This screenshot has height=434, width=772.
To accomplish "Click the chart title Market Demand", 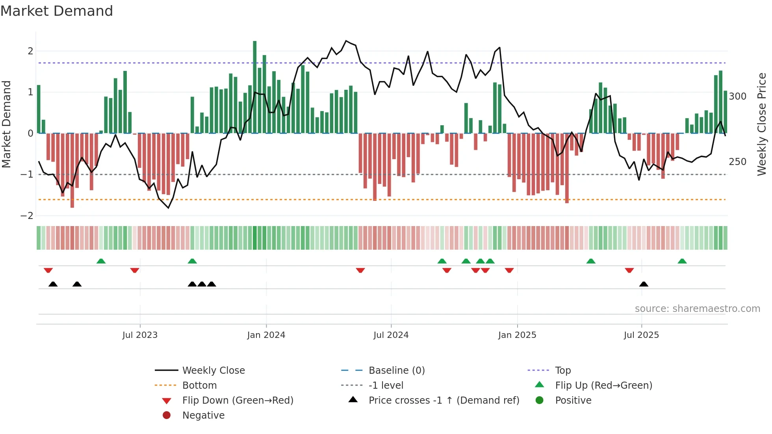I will [57, 11].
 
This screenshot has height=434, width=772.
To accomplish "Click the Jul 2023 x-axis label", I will [140, 335].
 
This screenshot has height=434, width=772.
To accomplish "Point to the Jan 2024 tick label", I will [266, 335].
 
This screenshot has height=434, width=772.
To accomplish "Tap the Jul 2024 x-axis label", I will [391, 335].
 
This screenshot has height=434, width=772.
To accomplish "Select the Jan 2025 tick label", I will [517, 335].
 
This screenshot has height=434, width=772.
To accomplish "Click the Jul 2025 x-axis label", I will [641, 335].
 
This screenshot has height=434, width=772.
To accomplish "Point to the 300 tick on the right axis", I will [737, 96].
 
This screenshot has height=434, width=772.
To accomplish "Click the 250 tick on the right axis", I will [737, 162].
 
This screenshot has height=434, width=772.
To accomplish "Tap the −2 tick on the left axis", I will [27, 216].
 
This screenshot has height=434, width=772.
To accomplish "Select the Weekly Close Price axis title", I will [762, 124].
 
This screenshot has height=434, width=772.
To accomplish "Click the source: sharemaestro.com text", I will [697, 309].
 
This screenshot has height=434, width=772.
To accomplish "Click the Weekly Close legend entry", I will [213, 371].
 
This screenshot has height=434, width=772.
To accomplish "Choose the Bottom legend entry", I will [199, 386].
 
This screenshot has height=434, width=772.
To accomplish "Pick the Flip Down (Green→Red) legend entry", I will [238, 401].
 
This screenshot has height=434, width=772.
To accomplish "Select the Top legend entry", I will [563, 371].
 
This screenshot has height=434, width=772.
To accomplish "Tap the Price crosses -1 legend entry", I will [444, 401].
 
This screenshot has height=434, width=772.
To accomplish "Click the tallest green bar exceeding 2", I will [255, 87].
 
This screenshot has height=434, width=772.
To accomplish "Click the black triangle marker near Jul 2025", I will [644, 284].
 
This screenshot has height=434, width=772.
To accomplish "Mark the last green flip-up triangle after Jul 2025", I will [682, 261].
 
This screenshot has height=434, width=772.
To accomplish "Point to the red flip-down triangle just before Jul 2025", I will [629, 270].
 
